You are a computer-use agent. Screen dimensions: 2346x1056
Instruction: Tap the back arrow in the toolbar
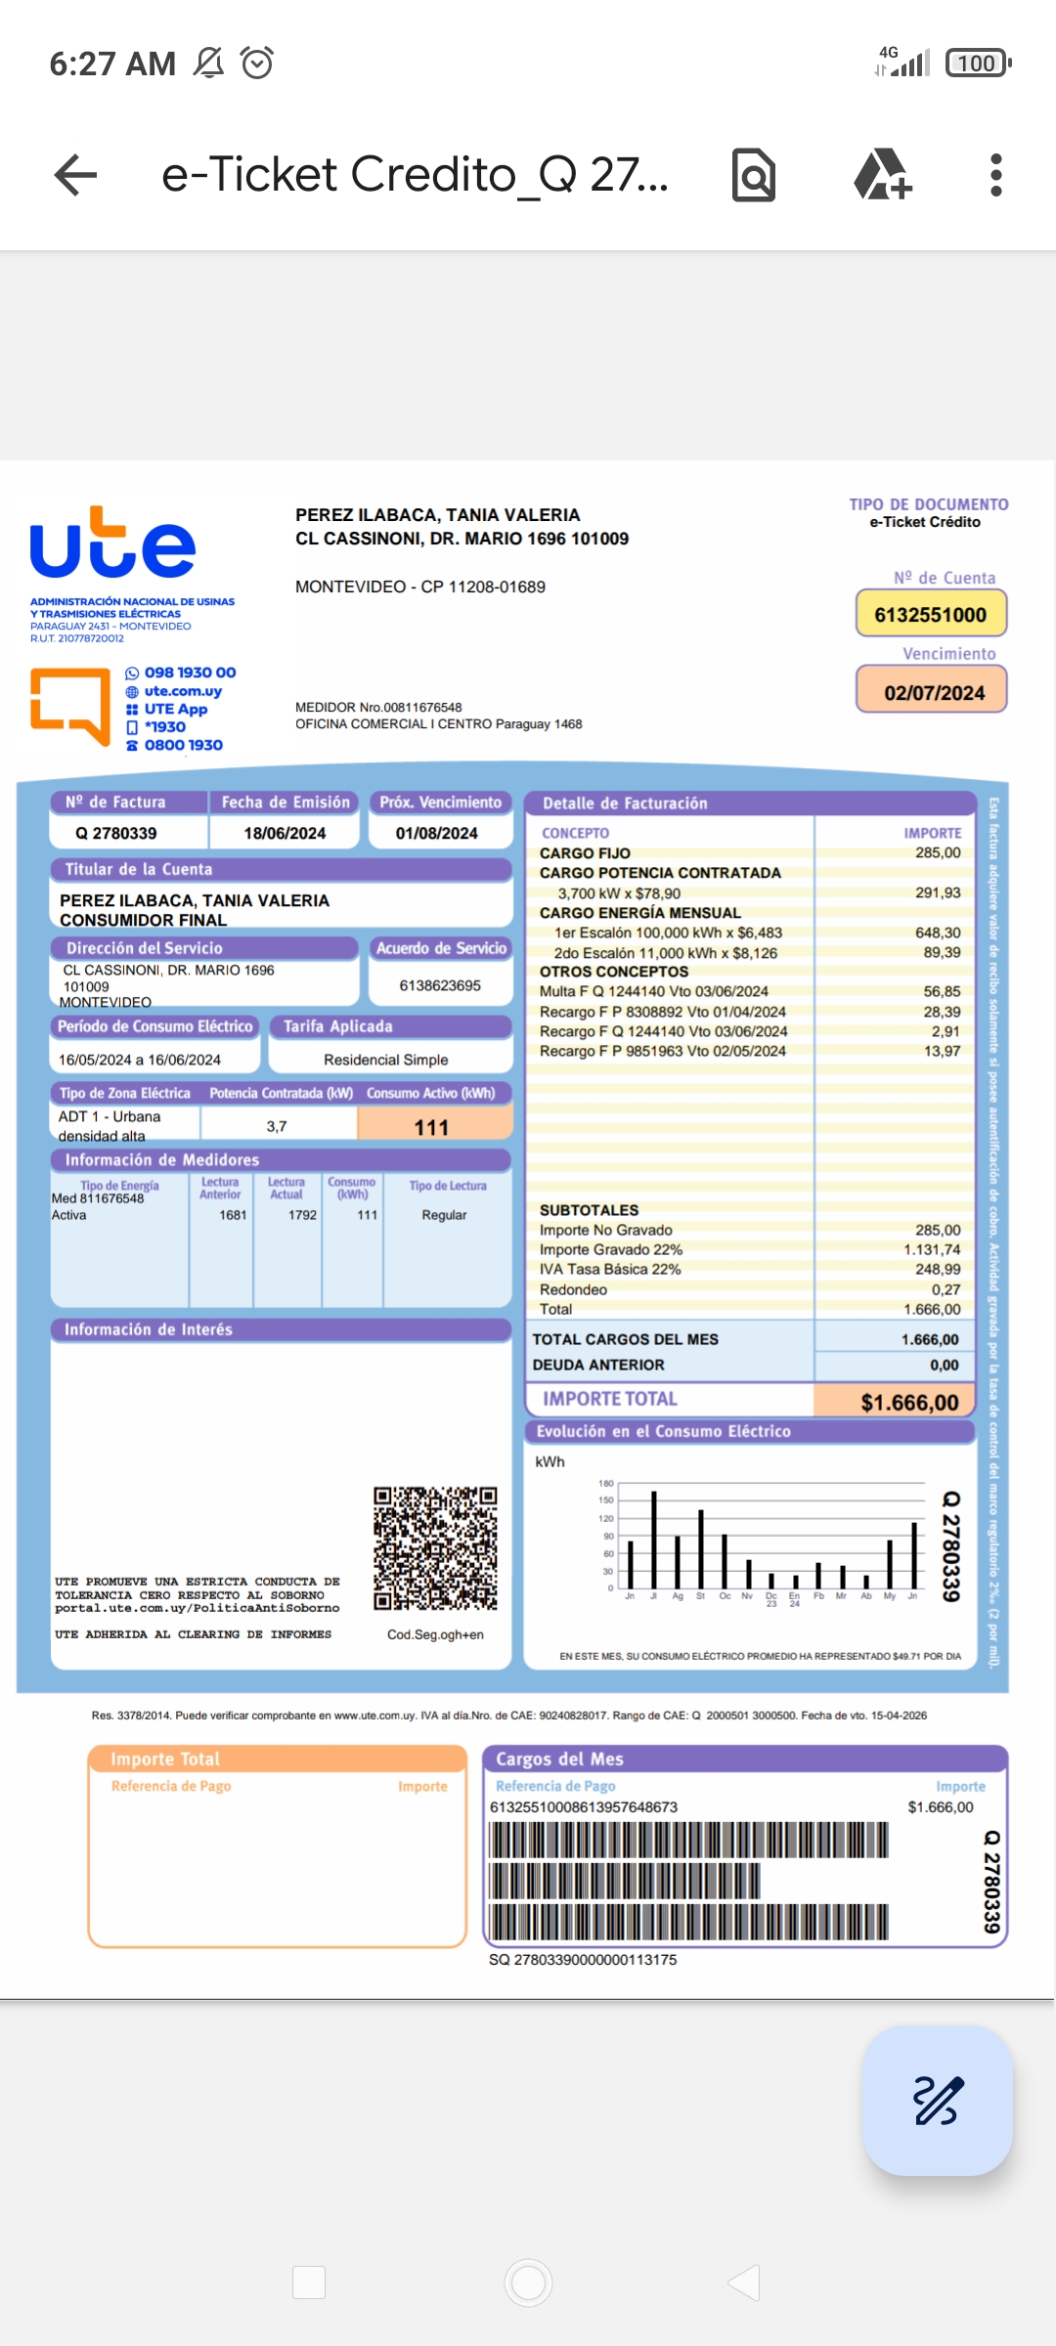click(x=75, y=176)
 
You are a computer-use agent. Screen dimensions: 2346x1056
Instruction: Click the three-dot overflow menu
click(x=995, y=176)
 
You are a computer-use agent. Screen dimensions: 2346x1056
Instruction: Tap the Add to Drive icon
click(x=882, y=176)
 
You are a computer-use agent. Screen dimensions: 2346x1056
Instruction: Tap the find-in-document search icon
click(x=754, y=176)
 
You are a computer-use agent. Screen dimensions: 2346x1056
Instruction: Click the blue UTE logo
click(x=112, y=543)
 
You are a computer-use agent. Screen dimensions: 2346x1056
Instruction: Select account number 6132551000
click(x=930, y=615)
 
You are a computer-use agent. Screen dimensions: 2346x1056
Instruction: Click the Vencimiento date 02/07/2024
click(x=934, y=693)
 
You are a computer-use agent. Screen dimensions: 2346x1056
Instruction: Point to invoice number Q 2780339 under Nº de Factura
click(x=116, y=834)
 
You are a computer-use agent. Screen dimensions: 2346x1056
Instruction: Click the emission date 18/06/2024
click(x=285, y=834)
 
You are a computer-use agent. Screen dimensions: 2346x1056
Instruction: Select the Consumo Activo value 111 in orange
click(x=431, y=1127)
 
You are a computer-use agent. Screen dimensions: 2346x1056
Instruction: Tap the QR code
click(x=435, y=1548)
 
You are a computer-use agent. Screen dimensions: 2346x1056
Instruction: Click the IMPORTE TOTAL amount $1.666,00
click(x=908, y=1403)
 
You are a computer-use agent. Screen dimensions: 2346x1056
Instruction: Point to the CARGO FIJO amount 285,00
click(x=937, y=852)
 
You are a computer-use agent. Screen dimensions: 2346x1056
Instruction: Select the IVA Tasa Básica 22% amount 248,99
click(x=937, y=1269)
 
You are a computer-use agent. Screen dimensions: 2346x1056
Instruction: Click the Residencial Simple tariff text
click(x=385, y=1060)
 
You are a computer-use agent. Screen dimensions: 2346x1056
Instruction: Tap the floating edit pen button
click(x=937, y=2101)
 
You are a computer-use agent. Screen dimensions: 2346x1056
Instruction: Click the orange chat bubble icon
click(x=70, y=705)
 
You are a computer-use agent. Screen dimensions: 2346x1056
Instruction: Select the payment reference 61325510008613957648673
click(x=583, y=1807)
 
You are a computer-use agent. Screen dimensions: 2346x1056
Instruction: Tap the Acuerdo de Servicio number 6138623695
click(x=440, y=985)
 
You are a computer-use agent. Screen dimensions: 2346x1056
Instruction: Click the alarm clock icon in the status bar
click(x=257, y=64)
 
